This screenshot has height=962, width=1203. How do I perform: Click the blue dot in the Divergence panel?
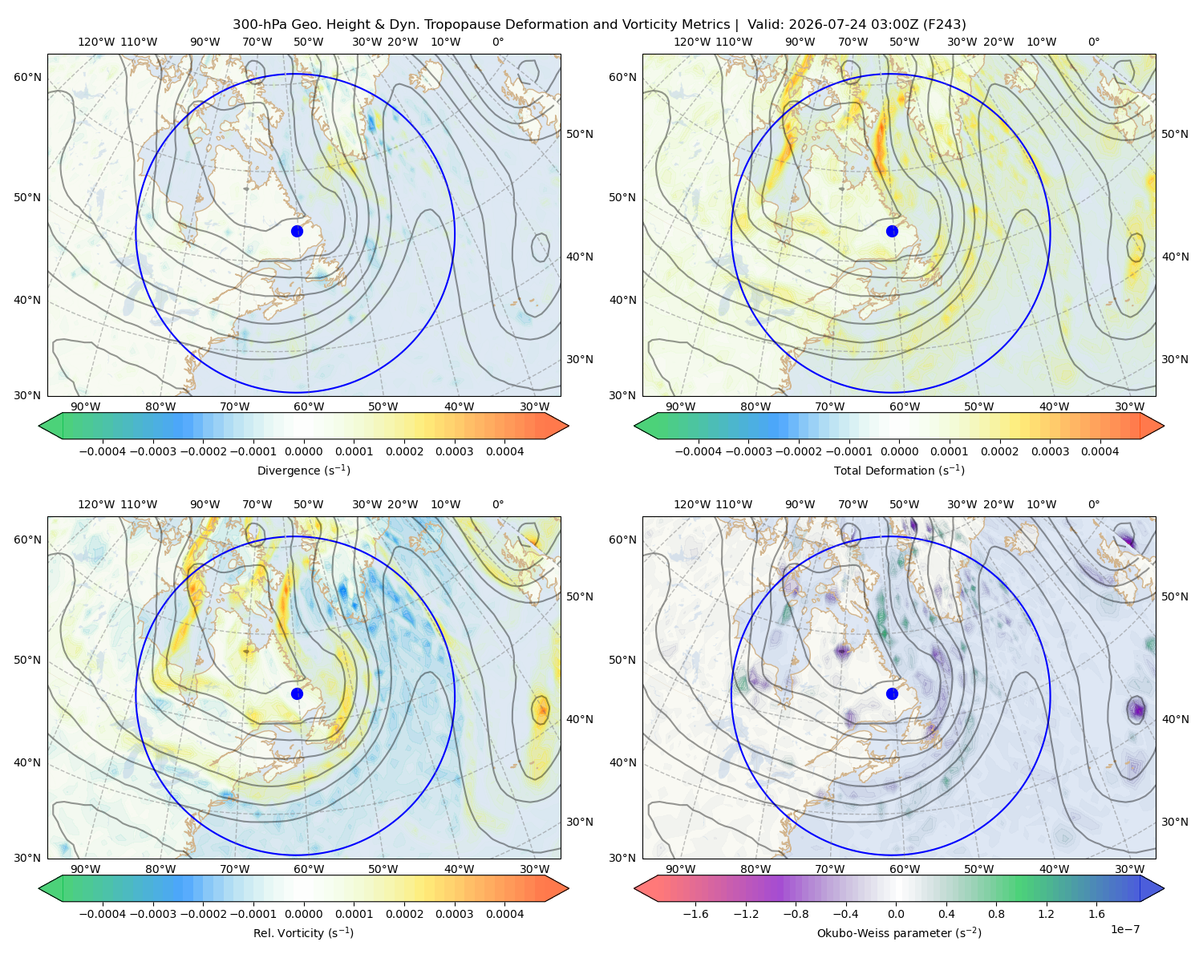[x=297, y=231]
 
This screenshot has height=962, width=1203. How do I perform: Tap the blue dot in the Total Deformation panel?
[x=892, y=231]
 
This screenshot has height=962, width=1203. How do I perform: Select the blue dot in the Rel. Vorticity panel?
[x=297, y=693]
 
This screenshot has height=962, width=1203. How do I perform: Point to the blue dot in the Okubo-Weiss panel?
[x=892, y=693]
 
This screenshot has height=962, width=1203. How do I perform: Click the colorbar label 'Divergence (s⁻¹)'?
[x=303, y=470]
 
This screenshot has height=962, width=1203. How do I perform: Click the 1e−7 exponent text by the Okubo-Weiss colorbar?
[x=1124, y=929]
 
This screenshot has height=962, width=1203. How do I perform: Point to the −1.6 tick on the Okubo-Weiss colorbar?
[x=695, y=913]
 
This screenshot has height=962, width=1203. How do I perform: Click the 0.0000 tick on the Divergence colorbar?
[x=303, y=451]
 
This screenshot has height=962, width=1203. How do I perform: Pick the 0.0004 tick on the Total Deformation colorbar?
[x=1100, y=451]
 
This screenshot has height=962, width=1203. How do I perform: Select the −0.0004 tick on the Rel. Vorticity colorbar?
[x=103, y=913]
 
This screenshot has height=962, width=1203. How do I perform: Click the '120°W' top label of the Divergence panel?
[x=96, y=42]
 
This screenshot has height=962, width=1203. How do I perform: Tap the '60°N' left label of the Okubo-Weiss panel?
[x=622, y=540]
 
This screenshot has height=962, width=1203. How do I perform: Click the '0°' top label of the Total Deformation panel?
[x=1093, y=42]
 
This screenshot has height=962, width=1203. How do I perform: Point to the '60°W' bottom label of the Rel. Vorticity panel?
[x=309, y=869]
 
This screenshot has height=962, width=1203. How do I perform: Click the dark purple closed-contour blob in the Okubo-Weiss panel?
[x=1136, y=709]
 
